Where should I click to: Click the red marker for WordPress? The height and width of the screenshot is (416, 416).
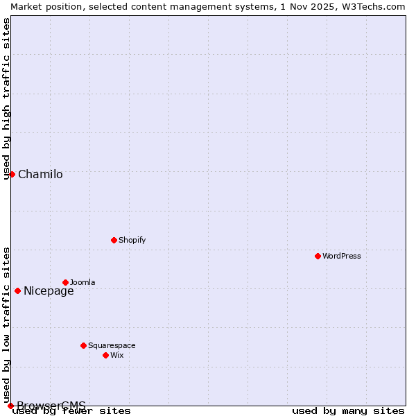[318, 256]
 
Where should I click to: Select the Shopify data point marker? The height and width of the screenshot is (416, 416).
[114, 240]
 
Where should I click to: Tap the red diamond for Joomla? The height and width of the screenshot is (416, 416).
[65, 282]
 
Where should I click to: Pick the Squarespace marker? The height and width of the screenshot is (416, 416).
[83, 345]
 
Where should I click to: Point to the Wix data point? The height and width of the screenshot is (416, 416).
[105, 355]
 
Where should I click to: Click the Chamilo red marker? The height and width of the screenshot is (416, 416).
[12, 174]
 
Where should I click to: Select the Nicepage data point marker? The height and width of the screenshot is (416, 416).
[17, 291]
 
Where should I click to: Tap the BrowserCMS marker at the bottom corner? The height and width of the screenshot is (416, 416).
[10, 406]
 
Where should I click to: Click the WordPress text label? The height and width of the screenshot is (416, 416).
[342, 256]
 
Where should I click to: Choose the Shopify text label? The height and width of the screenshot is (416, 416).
[132, 240]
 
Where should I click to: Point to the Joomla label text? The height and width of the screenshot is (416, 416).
[83, 282]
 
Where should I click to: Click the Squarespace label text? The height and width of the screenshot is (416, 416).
[112, 345]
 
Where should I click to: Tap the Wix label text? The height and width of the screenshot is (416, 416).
[117, 355]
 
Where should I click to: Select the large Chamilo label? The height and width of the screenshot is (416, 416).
[40, 174]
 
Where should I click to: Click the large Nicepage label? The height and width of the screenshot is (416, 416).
[49, 291]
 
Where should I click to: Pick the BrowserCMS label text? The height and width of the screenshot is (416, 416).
[51, 405]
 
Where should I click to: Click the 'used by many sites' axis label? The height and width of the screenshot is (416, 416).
[348, 410]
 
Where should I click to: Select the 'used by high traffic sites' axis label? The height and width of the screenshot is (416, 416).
[7, 98]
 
